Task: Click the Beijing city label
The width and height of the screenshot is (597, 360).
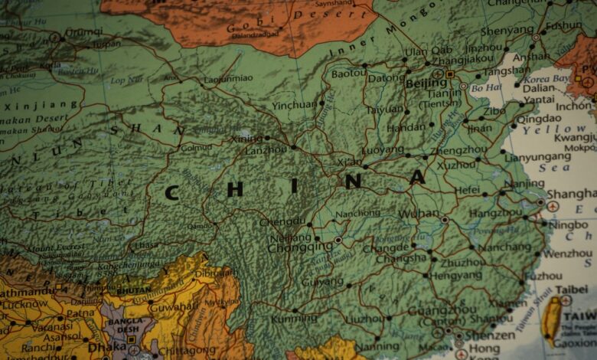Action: click(426, 83)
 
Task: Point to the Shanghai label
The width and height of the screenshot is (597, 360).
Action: click(571, 195)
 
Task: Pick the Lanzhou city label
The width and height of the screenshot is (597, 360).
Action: click(266, 150)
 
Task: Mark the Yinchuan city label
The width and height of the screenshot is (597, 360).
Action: click(294, 105)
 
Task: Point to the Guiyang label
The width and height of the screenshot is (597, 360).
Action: click(322, 282)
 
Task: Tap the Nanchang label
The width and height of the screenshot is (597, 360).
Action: click(504, 247)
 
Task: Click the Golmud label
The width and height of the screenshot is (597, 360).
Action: click(197, 146)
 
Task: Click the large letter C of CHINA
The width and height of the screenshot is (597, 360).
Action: click(171, 192)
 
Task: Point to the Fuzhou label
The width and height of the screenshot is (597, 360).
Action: click(543, 276)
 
